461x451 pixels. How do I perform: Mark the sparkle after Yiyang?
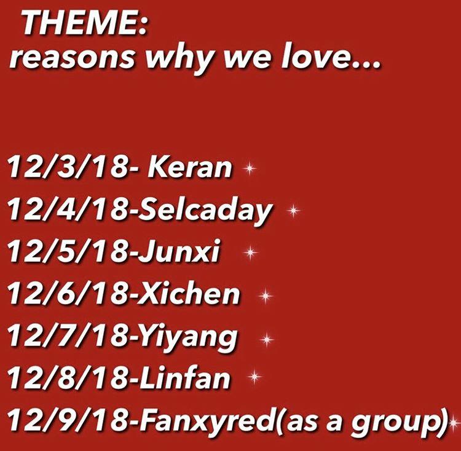point(266,339)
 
